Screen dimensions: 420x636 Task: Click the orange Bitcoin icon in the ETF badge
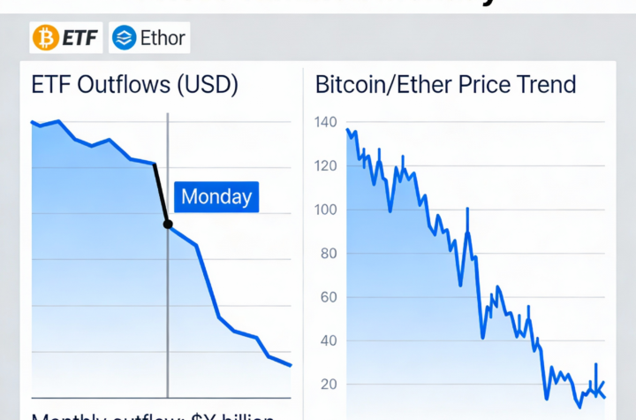click(46, 37)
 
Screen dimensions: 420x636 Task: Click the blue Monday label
click(216, 196)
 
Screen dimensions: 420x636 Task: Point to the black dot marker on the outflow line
click(168, 224)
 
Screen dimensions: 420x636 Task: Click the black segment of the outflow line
click(161, 193)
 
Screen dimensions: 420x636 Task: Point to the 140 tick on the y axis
click(326, 123)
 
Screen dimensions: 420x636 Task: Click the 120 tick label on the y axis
click(326, 166)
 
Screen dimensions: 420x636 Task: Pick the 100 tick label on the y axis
click(326, 210)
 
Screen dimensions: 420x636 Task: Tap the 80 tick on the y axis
click(329, 254)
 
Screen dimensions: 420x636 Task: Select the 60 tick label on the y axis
click(329, 297)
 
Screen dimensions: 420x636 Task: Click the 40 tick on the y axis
click(329, 340)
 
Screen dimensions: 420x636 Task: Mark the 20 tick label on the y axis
click(329, 384)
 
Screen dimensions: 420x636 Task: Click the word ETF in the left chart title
click(50, 86)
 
